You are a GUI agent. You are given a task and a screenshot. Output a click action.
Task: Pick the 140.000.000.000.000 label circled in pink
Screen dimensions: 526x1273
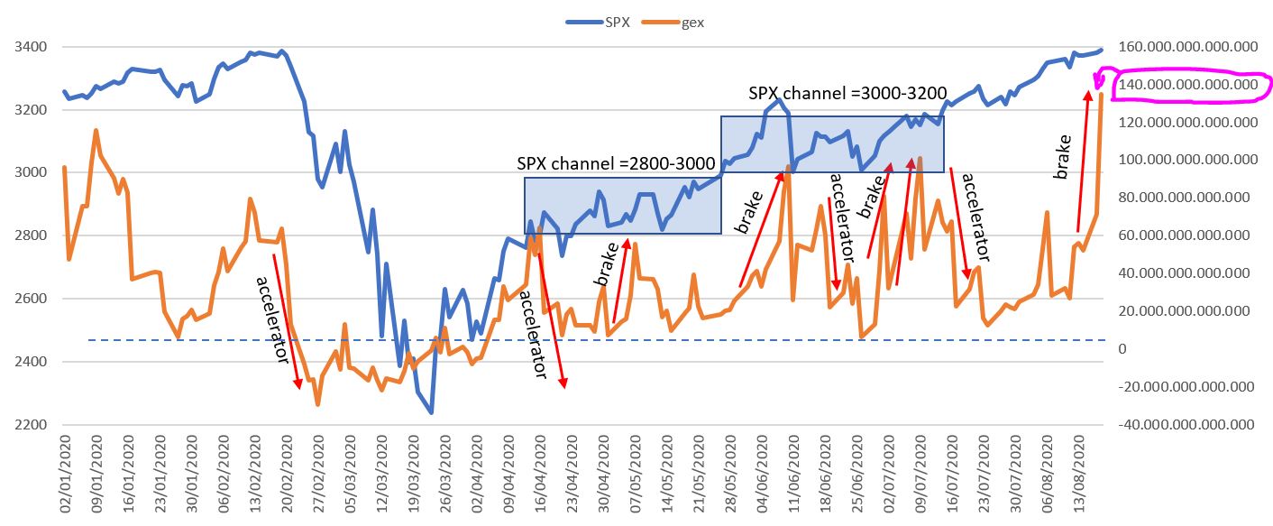coord(1186,85)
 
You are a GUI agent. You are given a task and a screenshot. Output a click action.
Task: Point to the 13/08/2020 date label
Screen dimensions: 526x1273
coord(1081,483)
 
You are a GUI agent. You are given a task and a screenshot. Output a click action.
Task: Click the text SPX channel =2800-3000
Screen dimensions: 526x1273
coord(616,163)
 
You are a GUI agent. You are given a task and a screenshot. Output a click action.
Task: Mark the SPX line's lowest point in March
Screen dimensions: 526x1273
coord(431,413)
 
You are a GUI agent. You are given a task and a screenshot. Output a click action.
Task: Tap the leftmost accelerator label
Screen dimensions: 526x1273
coord(270,318)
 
